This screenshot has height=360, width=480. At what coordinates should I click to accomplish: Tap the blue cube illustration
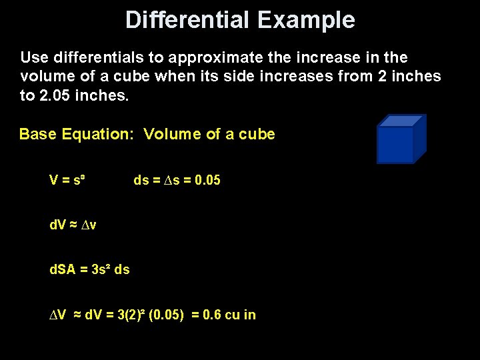399,142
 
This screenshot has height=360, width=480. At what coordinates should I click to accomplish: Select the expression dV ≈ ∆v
73,225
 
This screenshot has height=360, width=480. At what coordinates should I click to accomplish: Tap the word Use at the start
33,57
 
